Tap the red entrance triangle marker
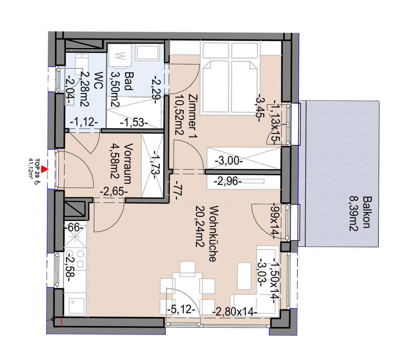(x=46, y=170)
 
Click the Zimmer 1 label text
(x=193, y=117)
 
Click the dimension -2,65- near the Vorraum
(x=114, y=192)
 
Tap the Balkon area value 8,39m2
(x=352, y=214)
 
